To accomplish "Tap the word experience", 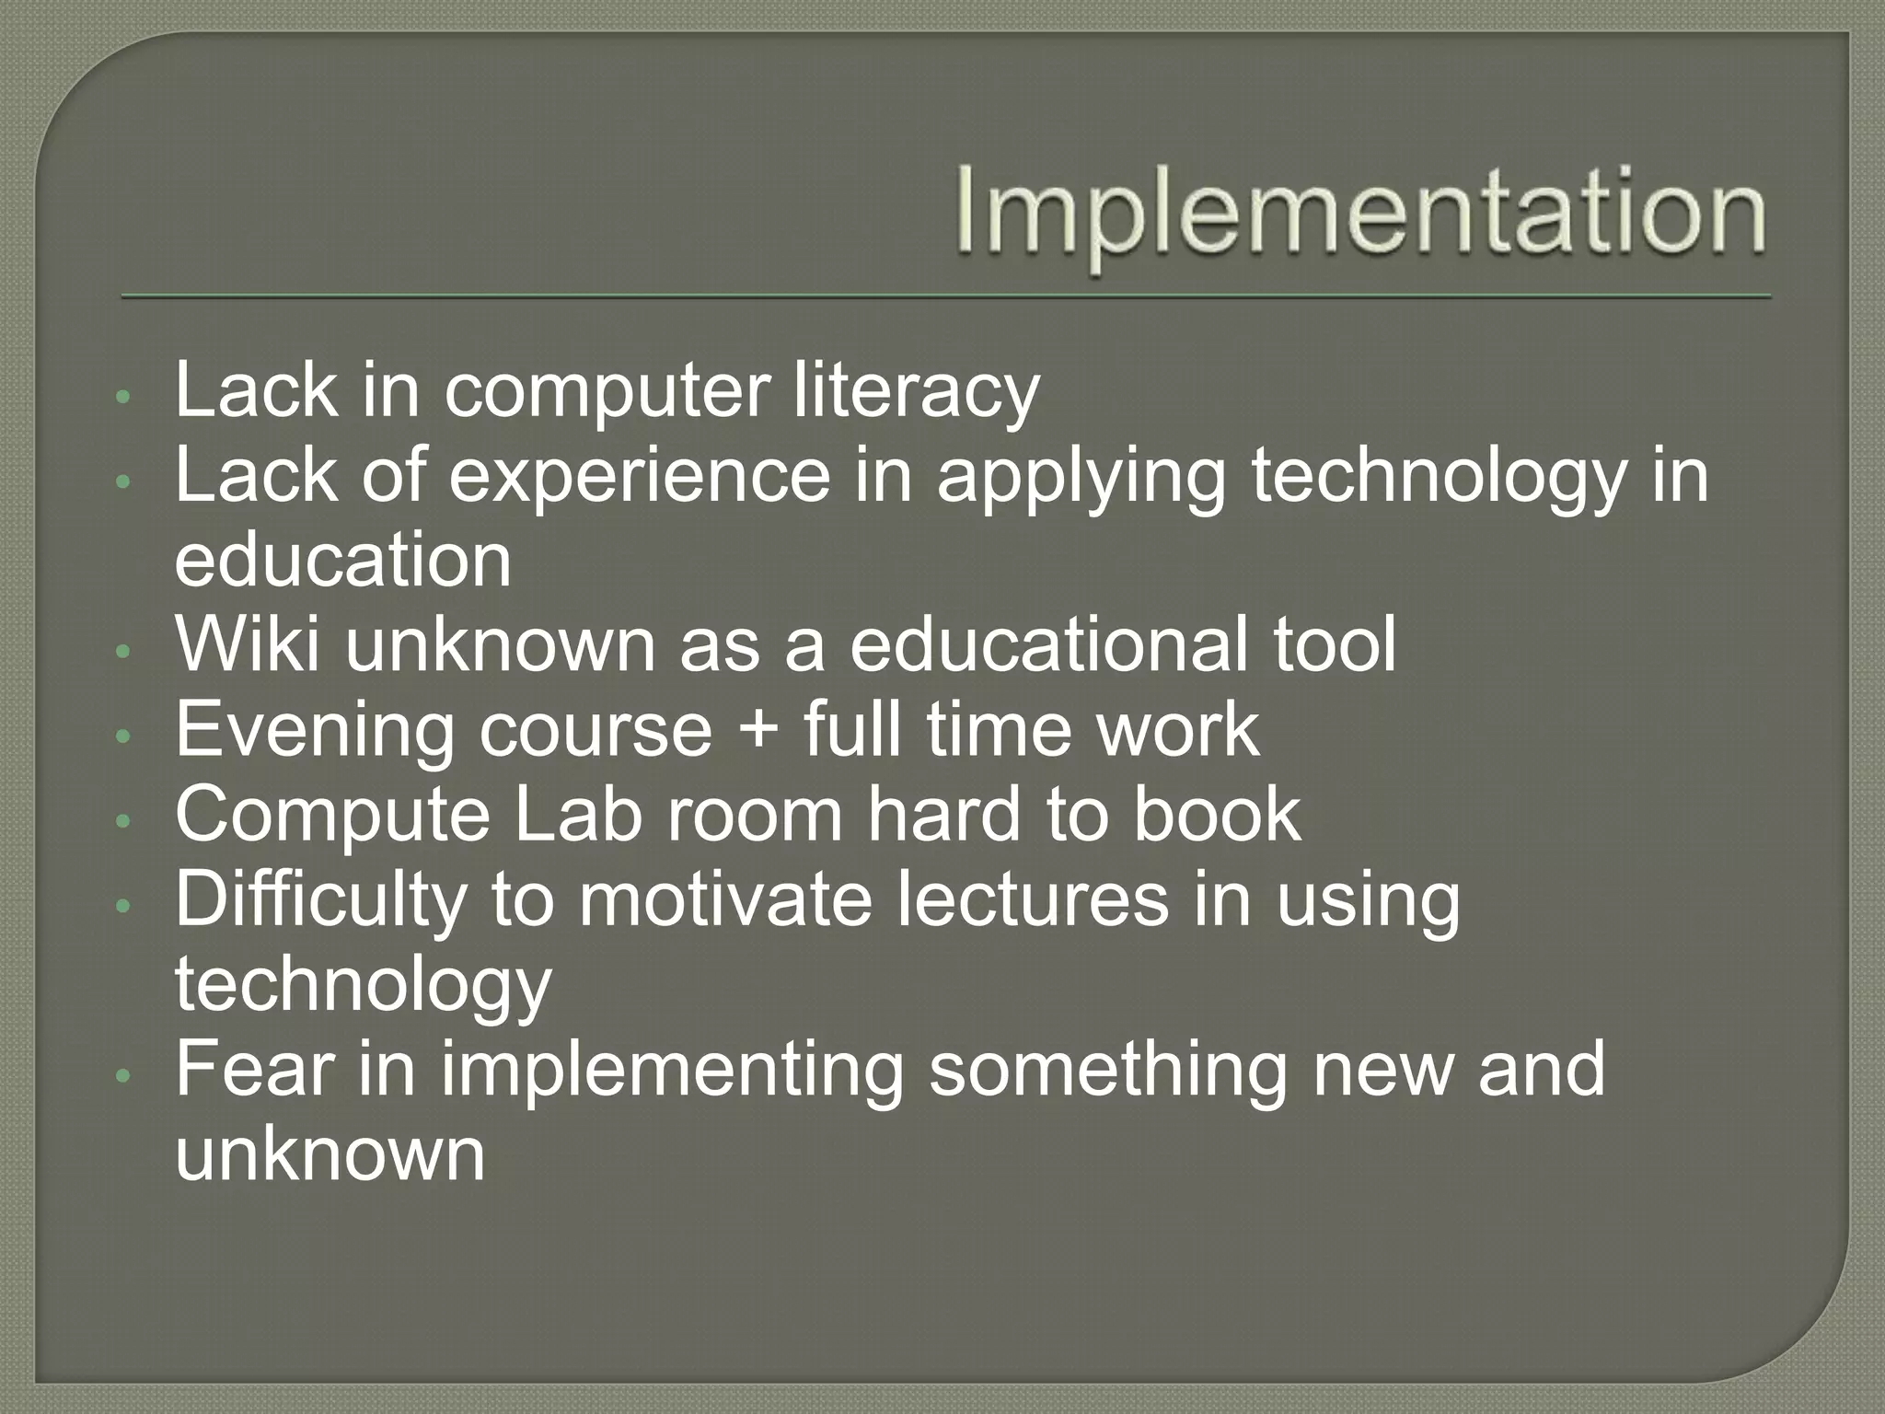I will tap(640, 477).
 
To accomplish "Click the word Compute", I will tap(332, 816).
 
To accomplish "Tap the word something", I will tap(1107, 1071).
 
